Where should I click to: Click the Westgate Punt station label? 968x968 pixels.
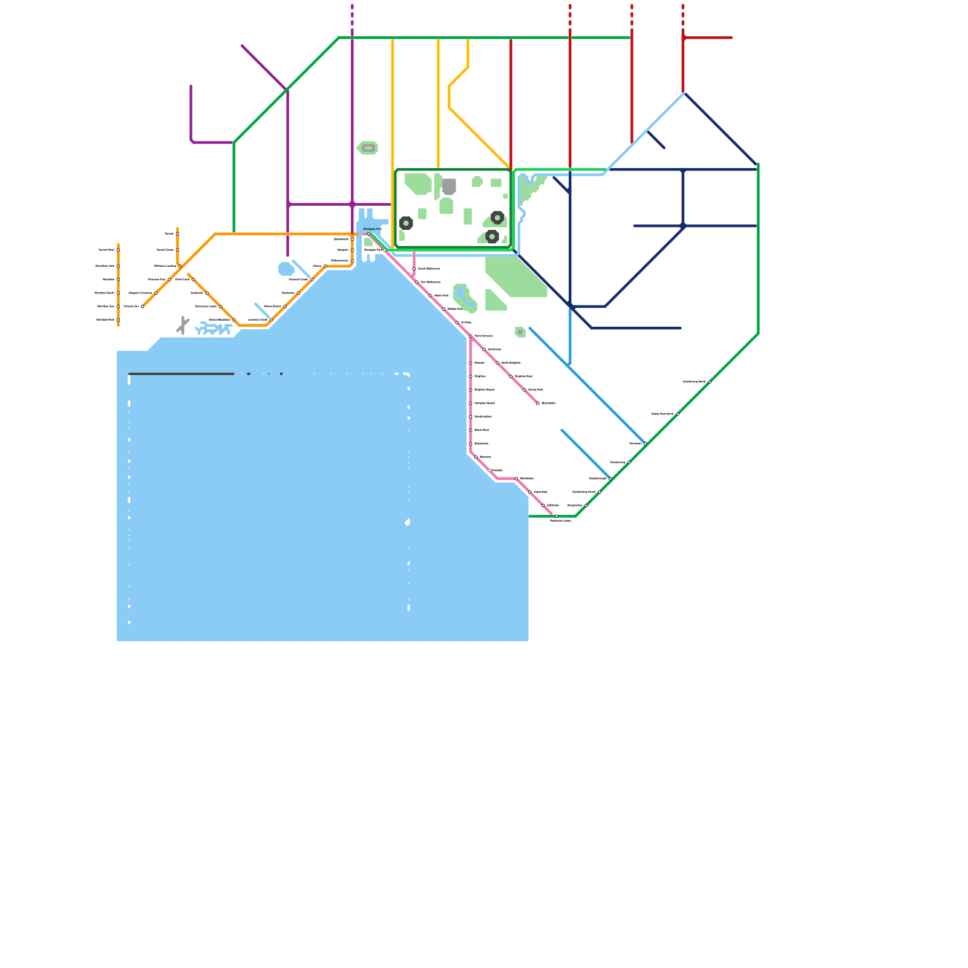coord(372,229)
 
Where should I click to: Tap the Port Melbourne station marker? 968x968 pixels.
coord(417,283)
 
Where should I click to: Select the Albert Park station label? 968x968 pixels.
coord(442,296)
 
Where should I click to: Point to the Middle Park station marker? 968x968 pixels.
coord(443,309)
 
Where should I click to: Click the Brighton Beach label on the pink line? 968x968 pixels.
coord(485,390)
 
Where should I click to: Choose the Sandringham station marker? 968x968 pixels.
coord(471,417)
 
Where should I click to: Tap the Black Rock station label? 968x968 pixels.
coord(482,430)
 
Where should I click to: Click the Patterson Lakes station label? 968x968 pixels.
coord(560,521)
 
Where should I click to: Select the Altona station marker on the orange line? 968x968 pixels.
coord(325,266)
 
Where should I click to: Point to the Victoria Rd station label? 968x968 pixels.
coord(131,307)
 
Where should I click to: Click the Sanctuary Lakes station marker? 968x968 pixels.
coord(220,307)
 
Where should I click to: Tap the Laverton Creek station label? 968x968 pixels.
coord(258,320)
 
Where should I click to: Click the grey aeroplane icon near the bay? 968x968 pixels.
coord(183,325)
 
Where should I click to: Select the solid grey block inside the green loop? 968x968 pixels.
coord(449,186)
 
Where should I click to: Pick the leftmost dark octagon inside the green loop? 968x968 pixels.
coord(406,223)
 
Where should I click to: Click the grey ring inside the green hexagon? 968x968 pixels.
coord(368,148)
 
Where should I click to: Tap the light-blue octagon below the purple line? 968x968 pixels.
coord(286,269)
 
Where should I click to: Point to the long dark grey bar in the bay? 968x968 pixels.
coord(181,374)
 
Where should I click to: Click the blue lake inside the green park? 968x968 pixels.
coord(465,298)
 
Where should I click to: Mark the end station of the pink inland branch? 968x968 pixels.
coord(538,404)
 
